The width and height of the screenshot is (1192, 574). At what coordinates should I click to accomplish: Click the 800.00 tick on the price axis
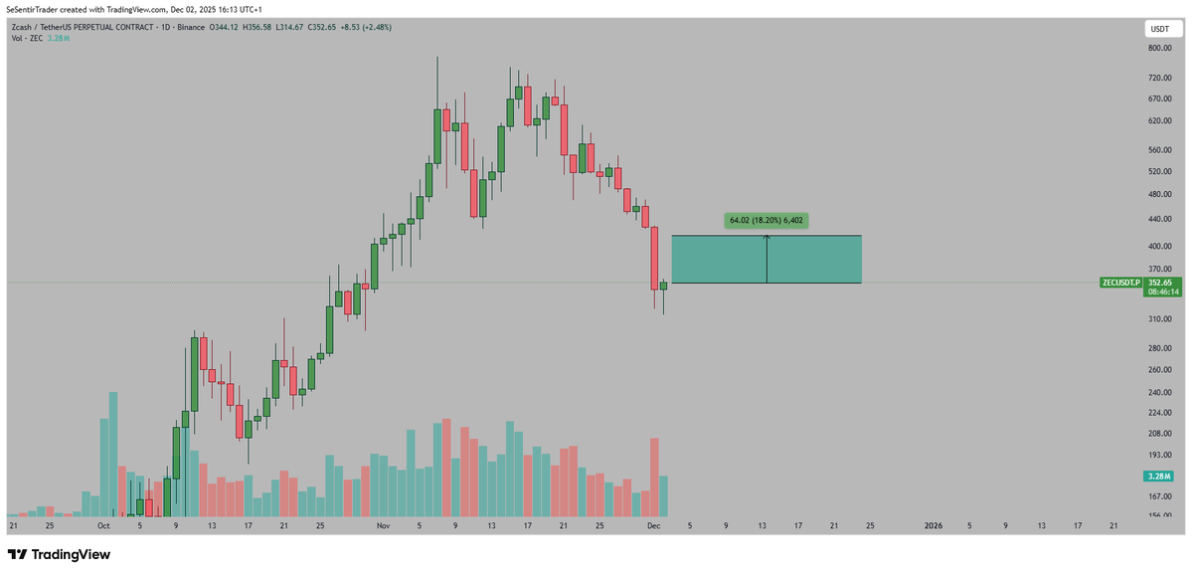click(x=1158, y=48)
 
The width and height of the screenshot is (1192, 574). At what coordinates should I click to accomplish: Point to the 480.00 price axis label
click(x=1158, y=195)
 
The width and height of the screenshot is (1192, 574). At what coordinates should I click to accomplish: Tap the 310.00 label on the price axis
click(x=1158, y=319)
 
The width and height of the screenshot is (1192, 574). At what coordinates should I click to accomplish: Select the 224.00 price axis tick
click(x=1158, y=412)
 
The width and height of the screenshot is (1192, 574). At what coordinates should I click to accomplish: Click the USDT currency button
click(x=1160, y=30)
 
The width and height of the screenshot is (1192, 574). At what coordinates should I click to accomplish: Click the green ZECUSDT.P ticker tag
click(x=1121, y=283)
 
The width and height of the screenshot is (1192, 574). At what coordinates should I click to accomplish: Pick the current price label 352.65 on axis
click(x=1162, y=283)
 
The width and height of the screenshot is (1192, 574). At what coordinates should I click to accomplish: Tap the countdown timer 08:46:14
click(x=1162, y=292)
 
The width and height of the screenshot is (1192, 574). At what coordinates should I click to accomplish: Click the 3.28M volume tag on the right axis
click(x=1160, y=478)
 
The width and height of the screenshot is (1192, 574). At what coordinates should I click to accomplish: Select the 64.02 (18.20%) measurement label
click(x=766, y=220)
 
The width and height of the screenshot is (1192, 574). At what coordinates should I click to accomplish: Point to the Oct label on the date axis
click(x=103, y=524)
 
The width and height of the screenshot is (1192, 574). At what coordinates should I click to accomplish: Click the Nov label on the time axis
click(x=382, y=524)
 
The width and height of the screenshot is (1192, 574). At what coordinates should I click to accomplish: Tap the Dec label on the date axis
click(x=653, y=524)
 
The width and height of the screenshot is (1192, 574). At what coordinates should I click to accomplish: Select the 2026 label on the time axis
click(x=934, y=524)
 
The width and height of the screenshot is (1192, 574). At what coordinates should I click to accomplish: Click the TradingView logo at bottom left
click(x=59, y=554)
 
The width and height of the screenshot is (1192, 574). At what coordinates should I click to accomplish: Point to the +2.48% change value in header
click(x=377, y=27)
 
